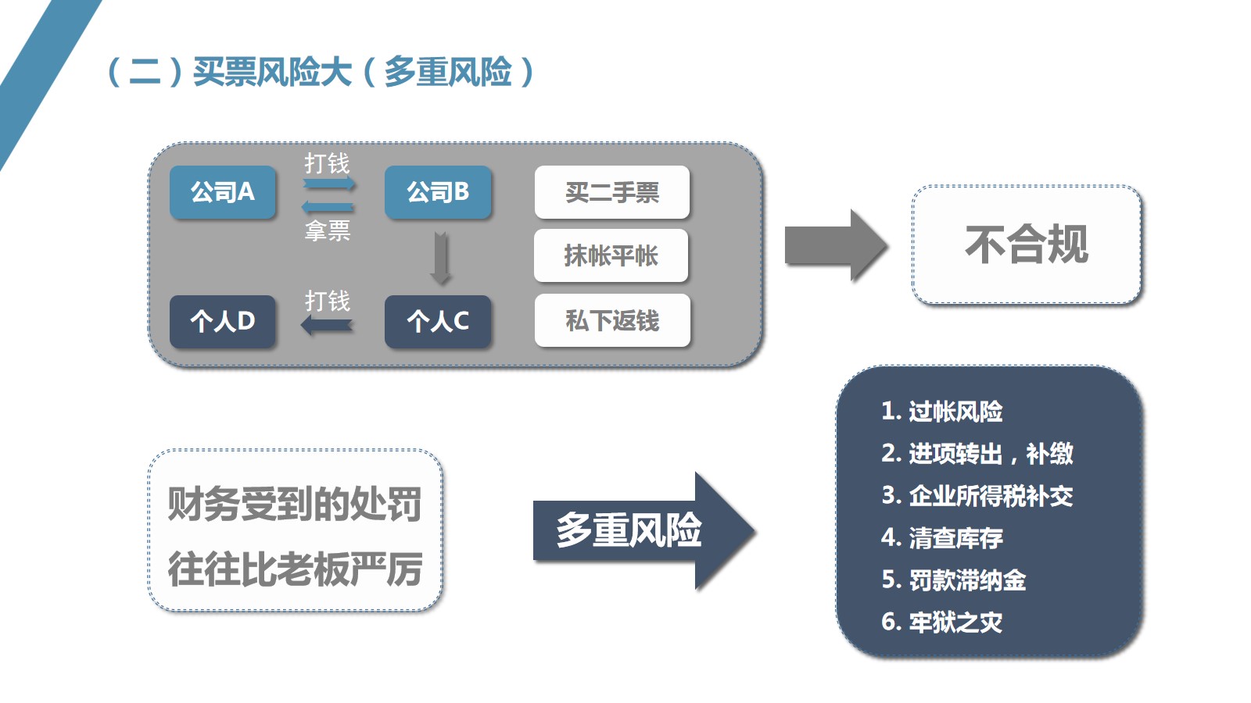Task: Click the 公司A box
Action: [x=223, y=192]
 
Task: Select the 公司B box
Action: [x=438, y=192]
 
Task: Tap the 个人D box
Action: [x=223, y=321]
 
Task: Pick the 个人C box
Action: [x=438, y=321]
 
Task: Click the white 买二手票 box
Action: [x=612, y=192]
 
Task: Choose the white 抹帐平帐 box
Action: [x=611, y=255]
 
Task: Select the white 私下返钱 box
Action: [x=612, y=320]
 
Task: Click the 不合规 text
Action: [x=1027, y=244]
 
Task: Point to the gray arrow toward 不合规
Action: [x=835, y=245]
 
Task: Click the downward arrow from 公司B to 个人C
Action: [x=441, y=258]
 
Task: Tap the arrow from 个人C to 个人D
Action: [x=328, y=325]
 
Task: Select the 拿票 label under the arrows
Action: [x=328, y=230]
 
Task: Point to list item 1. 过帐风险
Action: [x=942, y=411]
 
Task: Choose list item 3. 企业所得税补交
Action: [x=977, y=495]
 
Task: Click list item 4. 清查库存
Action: [x=942, y=537]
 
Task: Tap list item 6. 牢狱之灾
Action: [x=942, y=622]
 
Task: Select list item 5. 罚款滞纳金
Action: [x=954, y=580]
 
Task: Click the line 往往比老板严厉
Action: [x=295, y=569]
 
